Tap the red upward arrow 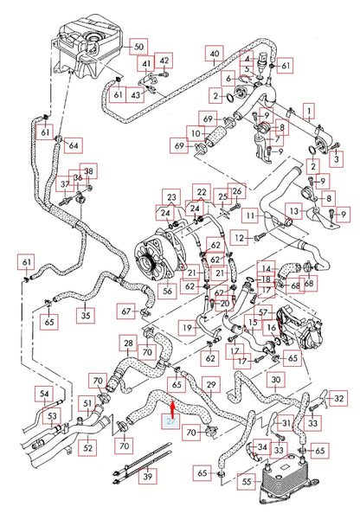pyautogui.click(x=172, y=404)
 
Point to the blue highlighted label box pyautogui.click(x=171, y=420)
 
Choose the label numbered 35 pyautogui.click(x=85, y=317)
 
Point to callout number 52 pyautogui.click(x=88, y=448)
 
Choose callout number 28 pyautogui.click(x=128, y=345)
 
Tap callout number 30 pyautogui.click(x=275, y=380)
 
